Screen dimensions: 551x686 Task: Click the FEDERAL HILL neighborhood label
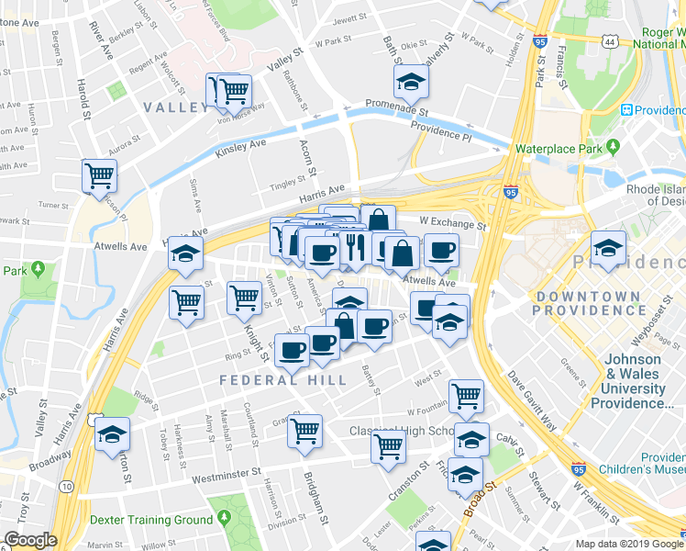282,379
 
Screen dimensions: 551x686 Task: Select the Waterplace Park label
557,148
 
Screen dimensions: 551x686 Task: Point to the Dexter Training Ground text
151,519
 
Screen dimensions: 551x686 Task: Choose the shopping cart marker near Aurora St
99,174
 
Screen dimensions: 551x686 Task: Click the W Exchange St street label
451,222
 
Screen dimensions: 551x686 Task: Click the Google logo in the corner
30,540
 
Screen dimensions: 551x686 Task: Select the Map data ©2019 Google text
629,544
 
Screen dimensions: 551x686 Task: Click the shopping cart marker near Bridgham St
304,429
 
